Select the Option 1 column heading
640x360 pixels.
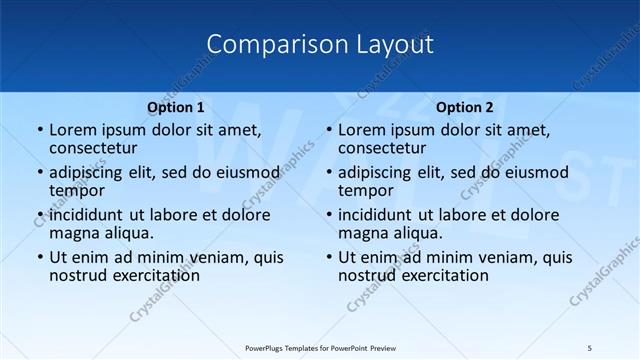tap(176, 107)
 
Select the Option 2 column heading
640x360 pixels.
tap(465, 107)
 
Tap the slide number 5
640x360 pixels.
tap(589, 347)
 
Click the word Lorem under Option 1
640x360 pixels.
tap(73, 130)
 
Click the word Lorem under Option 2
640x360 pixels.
tap(362, 130)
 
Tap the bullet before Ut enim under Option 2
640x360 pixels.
tap(329, 258)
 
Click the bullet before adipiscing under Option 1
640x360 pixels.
tap(40, 173)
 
